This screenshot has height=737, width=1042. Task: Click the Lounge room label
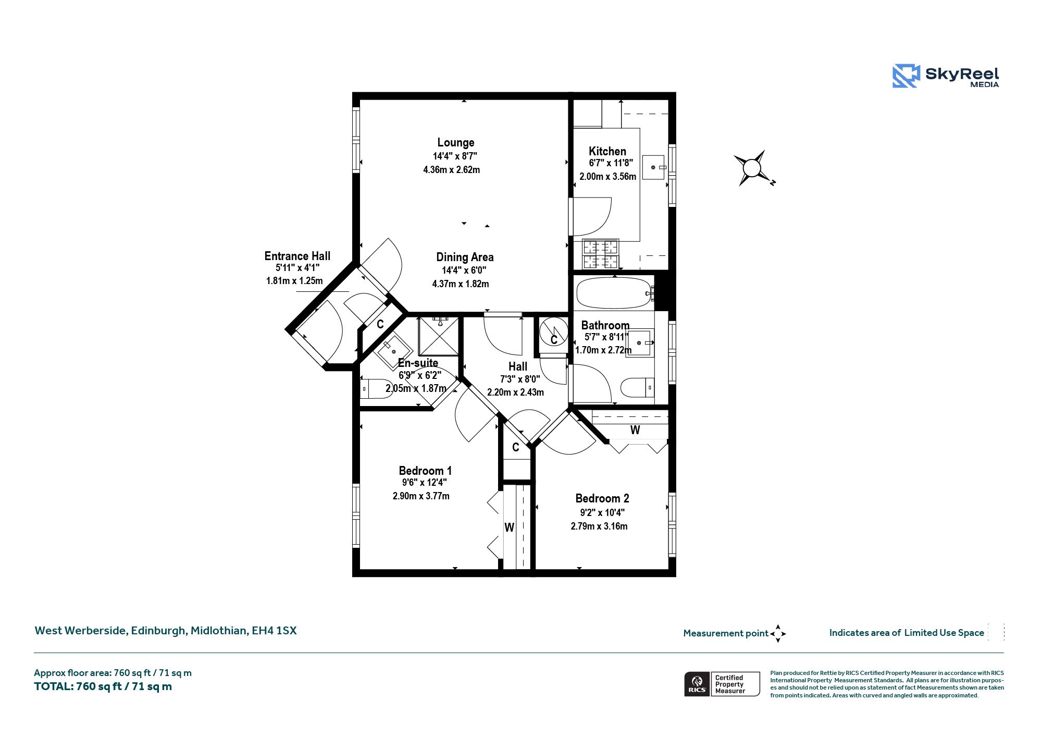[456, 142]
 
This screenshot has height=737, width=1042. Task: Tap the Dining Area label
[465, 257]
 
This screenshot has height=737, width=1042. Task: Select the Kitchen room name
[607, 151]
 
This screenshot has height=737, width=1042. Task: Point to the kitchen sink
[654, 167]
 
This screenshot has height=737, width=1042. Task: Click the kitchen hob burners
[601, 254]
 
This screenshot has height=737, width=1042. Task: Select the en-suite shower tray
[439, 337]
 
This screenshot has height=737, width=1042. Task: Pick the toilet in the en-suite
[377, 389]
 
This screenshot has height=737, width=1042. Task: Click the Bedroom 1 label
[425, 471]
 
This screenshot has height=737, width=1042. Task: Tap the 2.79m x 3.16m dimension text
[599, 526]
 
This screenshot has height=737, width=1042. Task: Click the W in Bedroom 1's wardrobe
[510, 527]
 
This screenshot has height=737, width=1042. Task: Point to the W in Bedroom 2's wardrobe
[635, 430]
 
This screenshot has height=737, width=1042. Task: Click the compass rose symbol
[752, 168]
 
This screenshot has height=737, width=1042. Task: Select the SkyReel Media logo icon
[906, 76]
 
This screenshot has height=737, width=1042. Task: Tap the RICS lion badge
[697, 684]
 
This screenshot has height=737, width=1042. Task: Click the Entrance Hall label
[297, 256]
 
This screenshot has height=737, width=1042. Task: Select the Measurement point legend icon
[778, 634]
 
